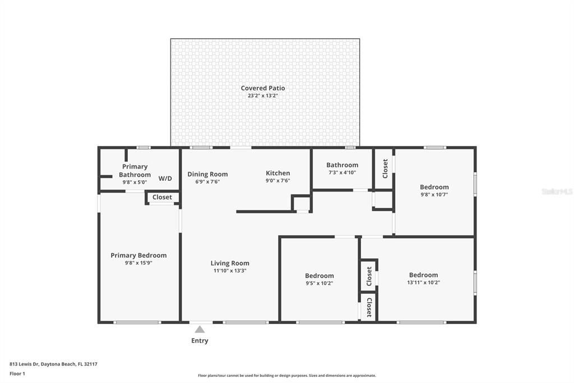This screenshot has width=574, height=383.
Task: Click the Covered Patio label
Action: [x=263, y=88]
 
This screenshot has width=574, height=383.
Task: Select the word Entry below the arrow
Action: [x=200, y=341]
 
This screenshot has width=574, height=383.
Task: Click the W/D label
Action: [x=165, y=179]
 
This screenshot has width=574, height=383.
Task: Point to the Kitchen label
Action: [x=277, y=173]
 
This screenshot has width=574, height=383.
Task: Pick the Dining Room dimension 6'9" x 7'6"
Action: [x=207, y=181]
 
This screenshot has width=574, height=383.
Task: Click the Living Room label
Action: [x=230, y=263]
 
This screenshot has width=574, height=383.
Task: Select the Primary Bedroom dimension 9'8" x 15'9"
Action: [x=138, y=263]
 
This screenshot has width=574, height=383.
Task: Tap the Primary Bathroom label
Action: [x=135, y=171]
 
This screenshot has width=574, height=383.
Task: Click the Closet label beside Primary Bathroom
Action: [x=162, y=197]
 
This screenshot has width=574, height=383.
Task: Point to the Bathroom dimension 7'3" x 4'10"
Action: [x=342, y=172]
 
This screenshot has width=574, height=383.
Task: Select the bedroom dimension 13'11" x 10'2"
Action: [x=423, y=282]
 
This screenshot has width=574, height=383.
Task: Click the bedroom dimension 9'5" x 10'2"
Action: [x=319, y=283]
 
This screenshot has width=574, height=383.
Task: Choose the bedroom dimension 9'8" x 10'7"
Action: [x=434, y=194]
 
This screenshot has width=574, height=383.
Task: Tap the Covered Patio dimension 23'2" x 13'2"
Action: [x=263, y=96]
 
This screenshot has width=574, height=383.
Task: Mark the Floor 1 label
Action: [x=17, y=373]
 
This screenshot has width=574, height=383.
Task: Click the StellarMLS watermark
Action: [x=557, y=191]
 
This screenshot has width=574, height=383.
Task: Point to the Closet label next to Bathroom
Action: [x=385, y=168]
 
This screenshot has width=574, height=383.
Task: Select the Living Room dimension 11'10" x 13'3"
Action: [x=230, y=271]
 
